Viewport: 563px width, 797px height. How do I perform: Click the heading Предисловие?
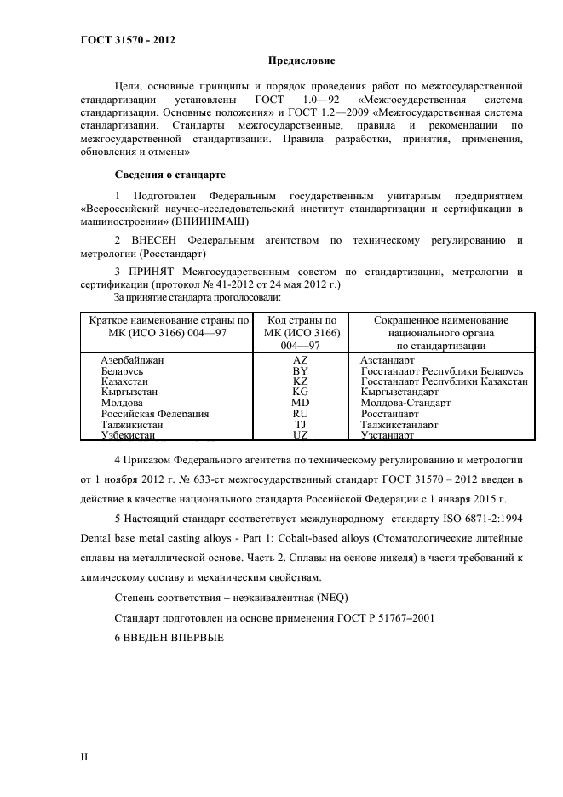(302, 60)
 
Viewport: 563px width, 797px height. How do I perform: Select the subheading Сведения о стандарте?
(169, 175)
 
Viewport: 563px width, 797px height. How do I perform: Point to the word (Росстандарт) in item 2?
(175, 253)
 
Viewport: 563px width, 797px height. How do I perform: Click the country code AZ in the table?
(300, 360)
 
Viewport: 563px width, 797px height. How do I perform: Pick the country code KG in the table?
(300, 392)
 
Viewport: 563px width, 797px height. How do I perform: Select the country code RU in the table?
(300, 413)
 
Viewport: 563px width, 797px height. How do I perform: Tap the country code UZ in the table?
(300, 434)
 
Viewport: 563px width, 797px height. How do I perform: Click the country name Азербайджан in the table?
(132, 360)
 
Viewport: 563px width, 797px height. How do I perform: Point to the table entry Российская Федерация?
(154, 413)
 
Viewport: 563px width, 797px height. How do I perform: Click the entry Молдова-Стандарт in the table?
(405, 403)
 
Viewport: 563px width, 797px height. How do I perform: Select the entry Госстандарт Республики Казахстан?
(444, 381)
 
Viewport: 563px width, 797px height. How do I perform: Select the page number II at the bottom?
(84, 756)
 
